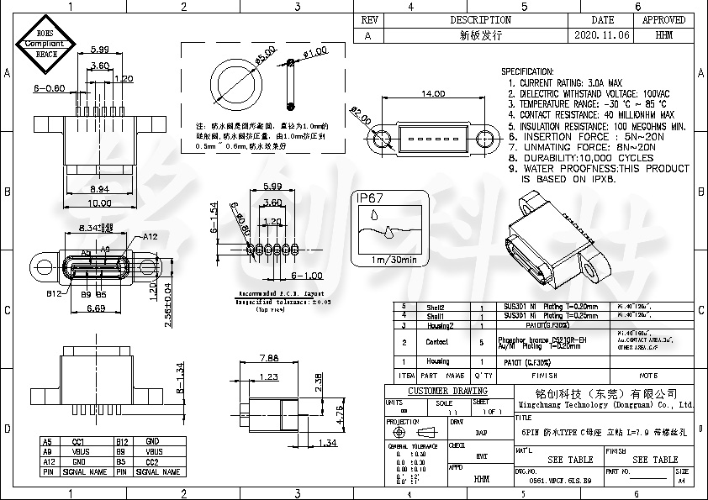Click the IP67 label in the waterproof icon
(x=371, y=199)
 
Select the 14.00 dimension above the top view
(x=432, y=94)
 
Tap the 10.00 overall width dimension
(x=100, y=203)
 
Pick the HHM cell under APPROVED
(x=663, y=36)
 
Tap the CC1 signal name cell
(x=77, y=441)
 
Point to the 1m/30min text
(x=393, y=260)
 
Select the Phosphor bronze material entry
(x=530, y=339)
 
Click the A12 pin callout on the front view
(x=150, y=237)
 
